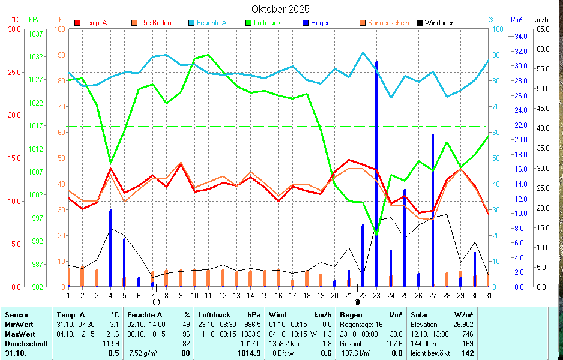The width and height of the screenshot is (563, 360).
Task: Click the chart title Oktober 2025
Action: click(x=280, y=9)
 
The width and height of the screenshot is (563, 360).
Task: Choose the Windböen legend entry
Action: click(x=439, y=23)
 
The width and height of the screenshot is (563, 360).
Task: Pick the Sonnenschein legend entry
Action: click(x=388, y=23)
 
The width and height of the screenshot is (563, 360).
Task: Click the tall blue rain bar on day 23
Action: click(x=376, y=174)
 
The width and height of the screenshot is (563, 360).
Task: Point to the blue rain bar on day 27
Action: click(x=432, y=210)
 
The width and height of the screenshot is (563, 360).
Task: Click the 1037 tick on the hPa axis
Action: click(x=36, y=34)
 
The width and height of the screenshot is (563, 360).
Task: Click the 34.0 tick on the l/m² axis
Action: click(x=520, y=36)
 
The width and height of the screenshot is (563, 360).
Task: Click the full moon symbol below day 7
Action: click(x=156, y=302)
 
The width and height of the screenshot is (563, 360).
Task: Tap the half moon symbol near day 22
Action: click(x=358, y=302)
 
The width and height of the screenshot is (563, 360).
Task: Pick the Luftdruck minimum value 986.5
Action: click(x=252, y=324)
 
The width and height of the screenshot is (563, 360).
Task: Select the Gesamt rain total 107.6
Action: click(x=394, y=344)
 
